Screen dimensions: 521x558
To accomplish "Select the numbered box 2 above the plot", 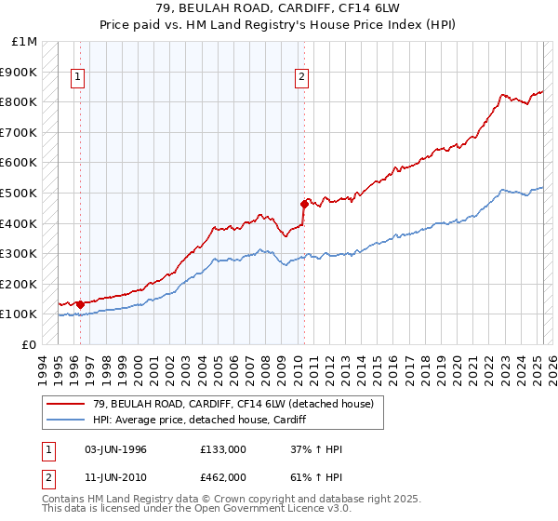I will [302, 78].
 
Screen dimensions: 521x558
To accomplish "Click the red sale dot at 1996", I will [80, 303].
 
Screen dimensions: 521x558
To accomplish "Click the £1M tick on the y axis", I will [25, 42].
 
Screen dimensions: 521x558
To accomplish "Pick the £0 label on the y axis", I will [31, 344].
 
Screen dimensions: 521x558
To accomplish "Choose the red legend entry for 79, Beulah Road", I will [232, 404].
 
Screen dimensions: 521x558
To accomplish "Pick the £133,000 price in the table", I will [223, 449].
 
